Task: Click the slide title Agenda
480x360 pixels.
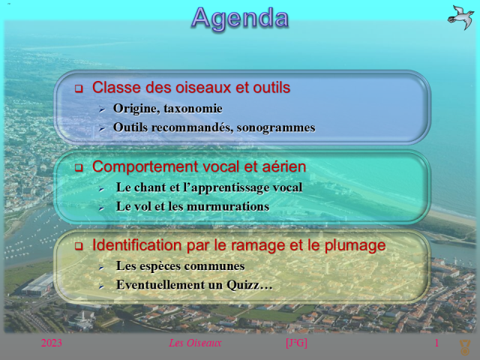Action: [240, 17]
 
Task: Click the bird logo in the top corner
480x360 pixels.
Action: [460, 16]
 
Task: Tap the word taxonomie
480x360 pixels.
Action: [193, 109]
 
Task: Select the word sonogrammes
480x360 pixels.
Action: [275, 127]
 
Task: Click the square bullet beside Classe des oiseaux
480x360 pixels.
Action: [78, 89]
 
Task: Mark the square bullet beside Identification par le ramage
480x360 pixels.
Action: [78, 247]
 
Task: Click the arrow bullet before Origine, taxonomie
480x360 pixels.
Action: [101, 109]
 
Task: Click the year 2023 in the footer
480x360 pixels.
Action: [52, 343]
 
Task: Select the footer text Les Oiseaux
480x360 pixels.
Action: [195, 343]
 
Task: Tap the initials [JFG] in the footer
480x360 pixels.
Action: [296, 343]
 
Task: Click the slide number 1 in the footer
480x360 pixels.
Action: [436, 343]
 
